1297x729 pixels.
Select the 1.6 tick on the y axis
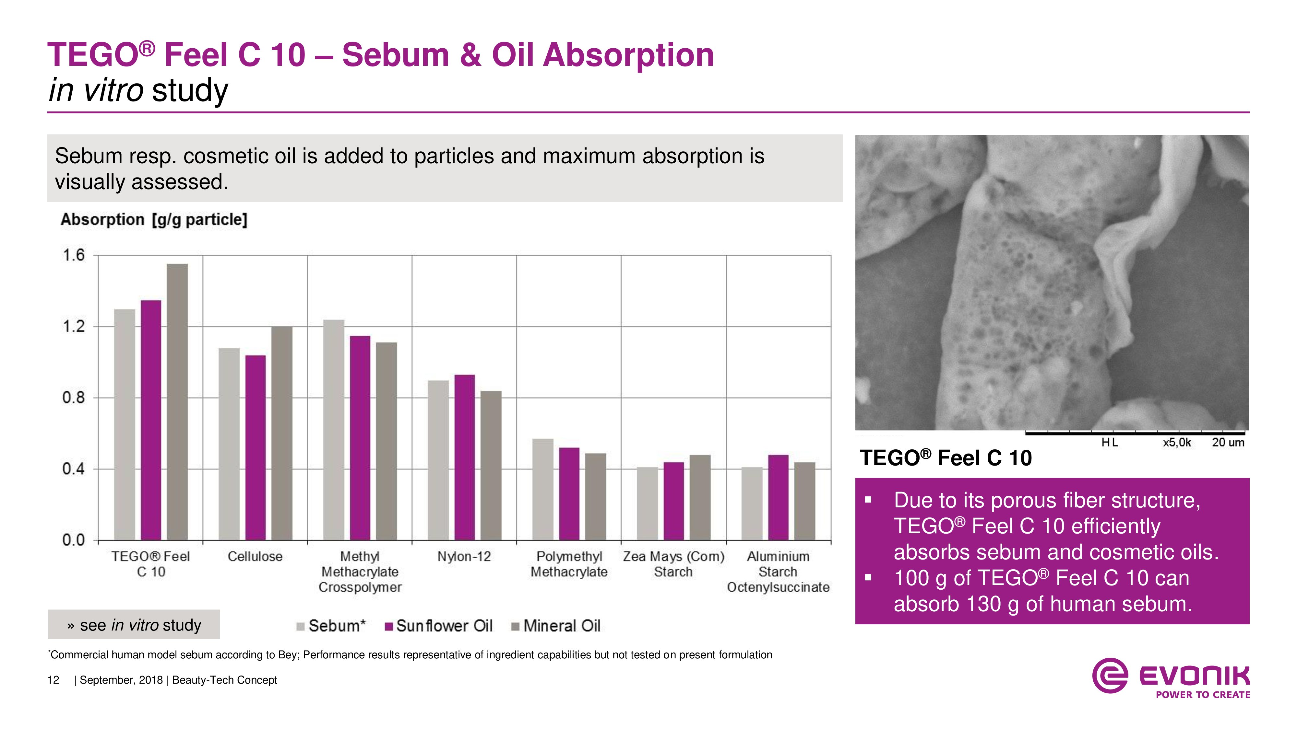[74, 256]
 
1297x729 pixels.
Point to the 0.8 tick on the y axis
[74, 398]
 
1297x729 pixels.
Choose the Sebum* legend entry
[331, 626]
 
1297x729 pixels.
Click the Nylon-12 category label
[464, 556]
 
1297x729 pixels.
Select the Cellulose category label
[255, 556]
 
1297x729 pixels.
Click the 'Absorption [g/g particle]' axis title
[154, 220]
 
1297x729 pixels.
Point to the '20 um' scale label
[1228, 443]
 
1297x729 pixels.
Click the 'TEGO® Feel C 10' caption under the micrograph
[946, 458]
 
